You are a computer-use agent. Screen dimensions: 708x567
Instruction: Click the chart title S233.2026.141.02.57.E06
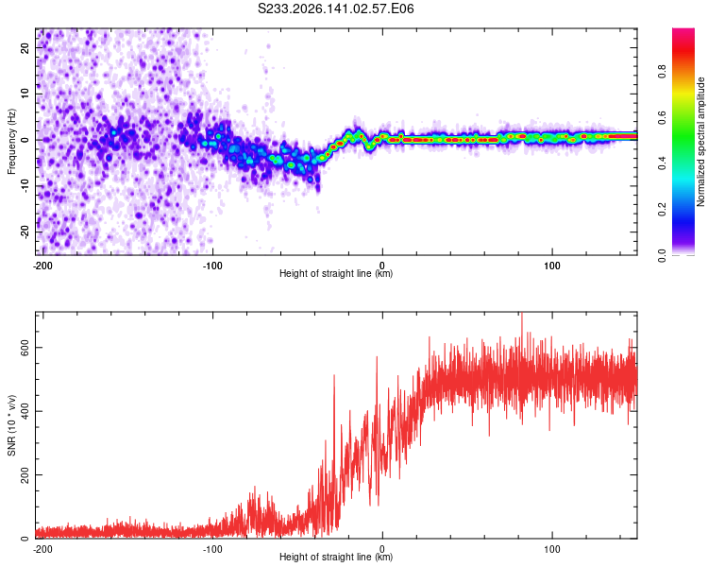coord(335,9)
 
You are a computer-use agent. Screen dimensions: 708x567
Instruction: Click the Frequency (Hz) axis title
coord(11,142)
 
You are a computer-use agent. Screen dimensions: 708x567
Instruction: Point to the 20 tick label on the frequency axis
coord(25,47)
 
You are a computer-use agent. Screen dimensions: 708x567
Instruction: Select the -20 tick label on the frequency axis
coord(25,232)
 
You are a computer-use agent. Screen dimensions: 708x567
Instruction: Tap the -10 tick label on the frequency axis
coord(25,186)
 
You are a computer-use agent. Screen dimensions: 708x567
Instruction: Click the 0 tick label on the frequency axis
coord(25,140)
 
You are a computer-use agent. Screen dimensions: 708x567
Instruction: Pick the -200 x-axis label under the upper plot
coord(42,266)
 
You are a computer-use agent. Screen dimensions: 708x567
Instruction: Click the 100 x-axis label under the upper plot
coord(552,266)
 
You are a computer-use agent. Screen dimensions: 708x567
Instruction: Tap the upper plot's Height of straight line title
coord(336,273)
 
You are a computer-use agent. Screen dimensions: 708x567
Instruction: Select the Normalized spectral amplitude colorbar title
coord(700,142)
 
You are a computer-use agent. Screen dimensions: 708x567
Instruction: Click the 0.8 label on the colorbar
coord(662,72)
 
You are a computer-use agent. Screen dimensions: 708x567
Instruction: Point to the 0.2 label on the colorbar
coord(662,210)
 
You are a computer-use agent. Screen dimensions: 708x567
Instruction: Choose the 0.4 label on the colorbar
coord(662,163)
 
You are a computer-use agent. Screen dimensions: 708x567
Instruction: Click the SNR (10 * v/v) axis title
coord(11,425)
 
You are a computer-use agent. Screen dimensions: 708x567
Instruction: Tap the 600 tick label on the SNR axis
coord(25,347)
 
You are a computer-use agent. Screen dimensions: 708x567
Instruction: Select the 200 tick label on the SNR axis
coord(25,474)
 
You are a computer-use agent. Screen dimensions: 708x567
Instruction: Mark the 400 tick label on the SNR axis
coord(25,411)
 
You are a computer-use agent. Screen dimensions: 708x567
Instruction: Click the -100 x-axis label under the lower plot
coord(212,549)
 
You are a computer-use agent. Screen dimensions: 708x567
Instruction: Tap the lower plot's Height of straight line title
coord(336,557)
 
